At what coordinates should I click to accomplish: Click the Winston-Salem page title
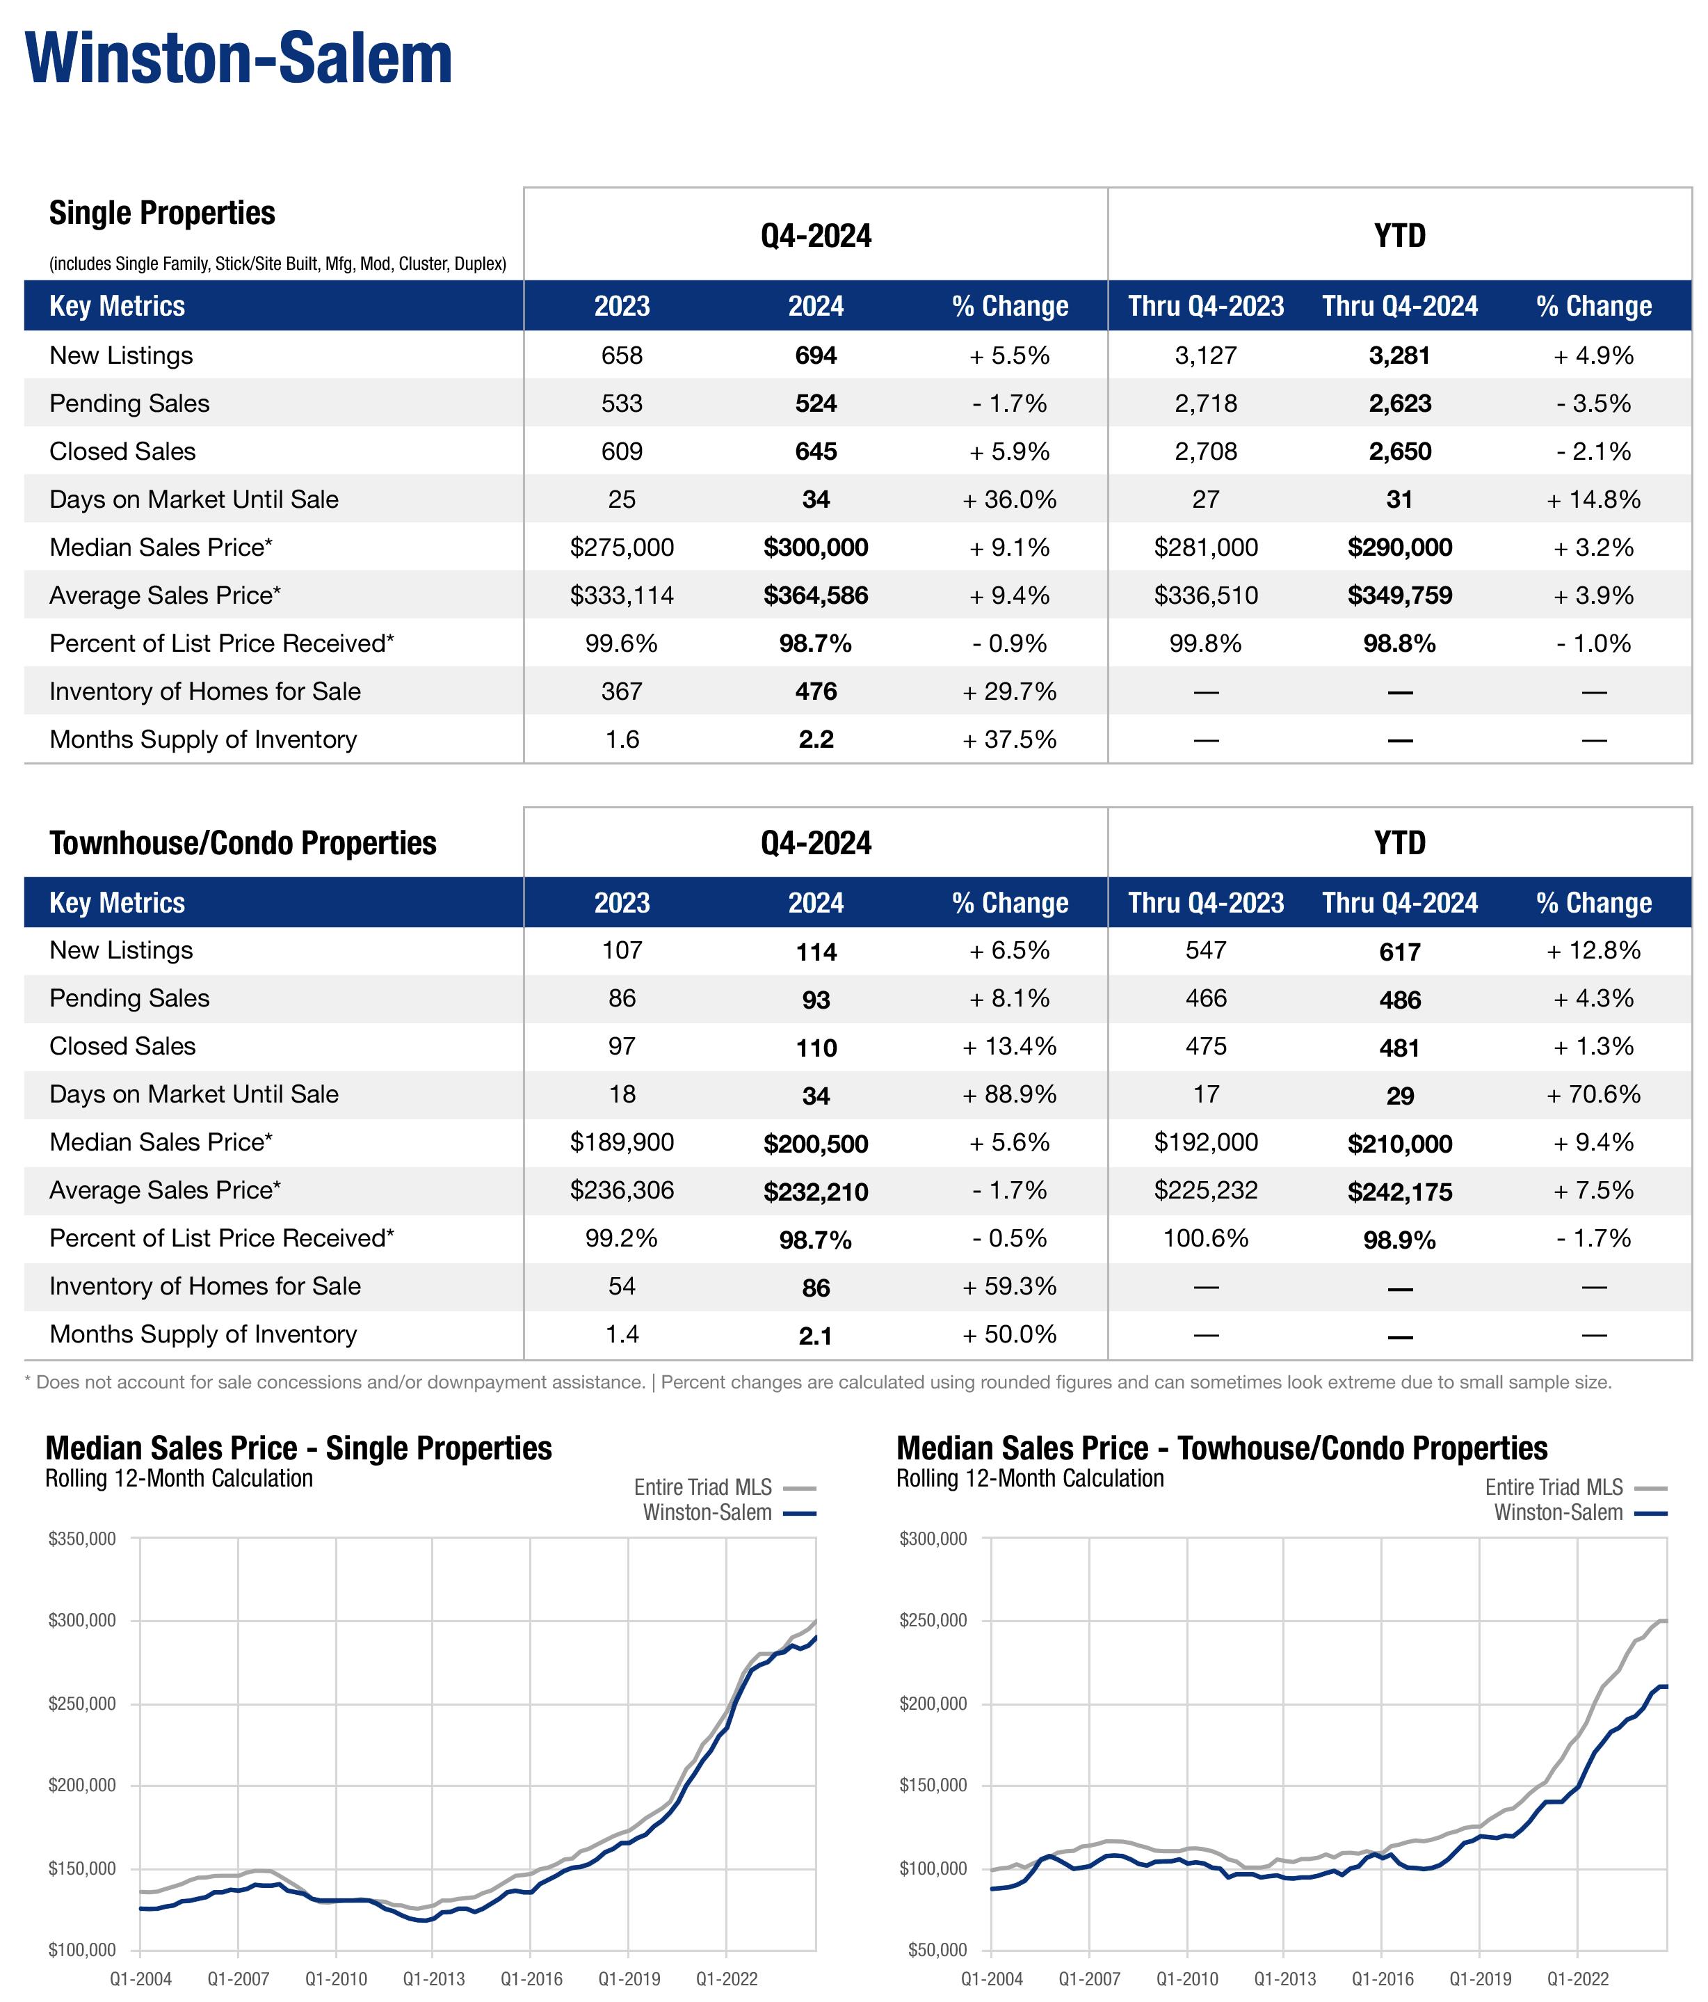(239, 60)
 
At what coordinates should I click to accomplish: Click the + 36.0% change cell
(1010, 499)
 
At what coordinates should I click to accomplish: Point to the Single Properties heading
(162, 214)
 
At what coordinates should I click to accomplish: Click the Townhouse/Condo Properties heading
(243, 844)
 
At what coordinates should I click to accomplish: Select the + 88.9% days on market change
(1010, 1095)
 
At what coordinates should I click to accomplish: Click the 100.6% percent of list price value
(1206, 1239)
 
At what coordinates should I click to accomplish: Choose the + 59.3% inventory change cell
(1010, 1287)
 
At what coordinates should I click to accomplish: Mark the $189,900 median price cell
(622, 1143)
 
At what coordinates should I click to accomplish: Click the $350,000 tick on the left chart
(82, 1538)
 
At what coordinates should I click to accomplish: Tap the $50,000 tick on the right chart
(933, 1950)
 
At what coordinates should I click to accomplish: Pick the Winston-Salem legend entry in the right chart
(1557, 1513)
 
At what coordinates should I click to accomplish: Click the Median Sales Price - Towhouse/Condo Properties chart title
(1221, 1448)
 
